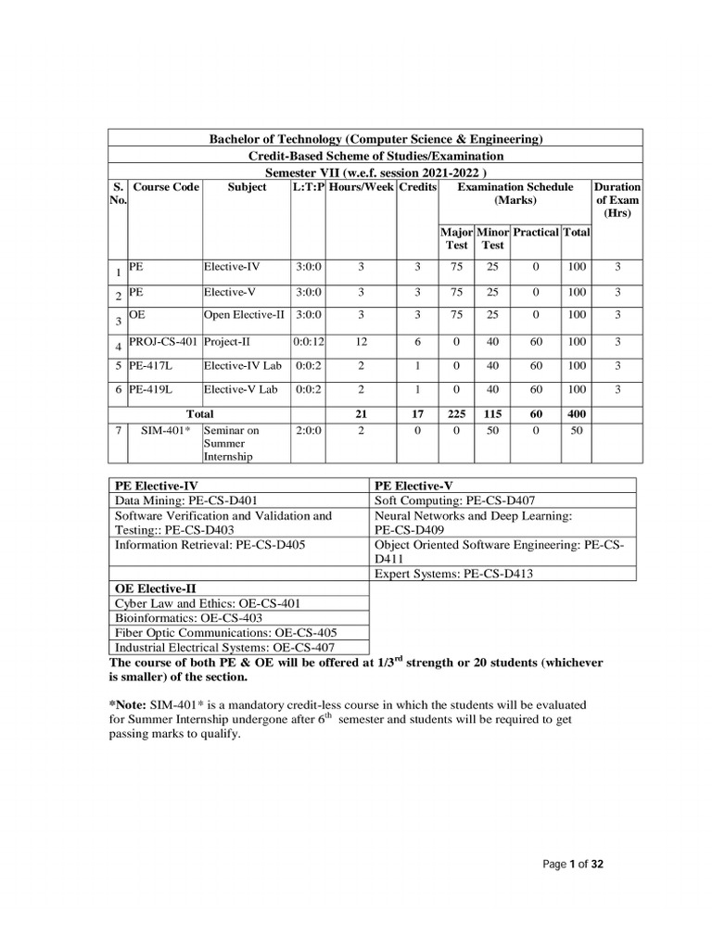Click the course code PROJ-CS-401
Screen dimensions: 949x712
(x=164, y=342)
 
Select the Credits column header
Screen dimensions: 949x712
(x=417, y=187)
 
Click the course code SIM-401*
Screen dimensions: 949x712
(x=164, y=432)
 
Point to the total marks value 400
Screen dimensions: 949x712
(x=576, y=414)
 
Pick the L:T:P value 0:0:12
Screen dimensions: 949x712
(x=308, y=342)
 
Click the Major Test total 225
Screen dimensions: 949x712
(x=455, y=414)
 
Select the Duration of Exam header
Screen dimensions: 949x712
(x=617, y=200)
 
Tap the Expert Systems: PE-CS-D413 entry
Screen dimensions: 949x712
(x=453, y=575)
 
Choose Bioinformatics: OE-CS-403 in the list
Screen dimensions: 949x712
(x=188, y=617)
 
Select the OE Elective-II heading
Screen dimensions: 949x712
(x=160, y=588)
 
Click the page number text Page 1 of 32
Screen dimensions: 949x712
(x=573, y=864)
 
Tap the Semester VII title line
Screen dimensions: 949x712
(x=375, y=172)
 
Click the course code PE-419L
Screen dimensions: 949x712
(x=152, y=390)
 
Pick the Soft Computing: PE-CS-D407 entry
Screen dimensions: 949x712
(x=454, y=500)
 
